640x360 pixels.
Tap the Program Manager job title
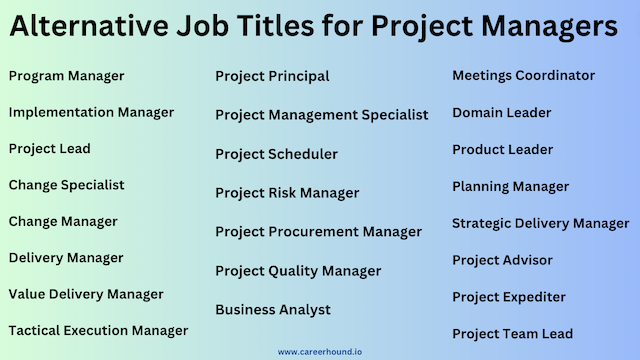click(66, 76)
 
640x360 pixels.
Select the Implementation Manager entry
click(91, 112)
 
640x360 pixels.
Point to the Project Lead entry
click(49, 149)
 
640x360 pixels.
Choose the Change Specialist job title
click(66, 185)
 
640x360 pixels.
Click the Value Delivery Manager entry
click(86, 294)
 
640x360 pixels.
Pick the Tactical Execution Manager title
click(98, 330)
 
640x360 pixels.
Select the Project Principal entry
click(272, 76)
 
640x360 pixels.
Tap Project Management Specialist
click(321, 115)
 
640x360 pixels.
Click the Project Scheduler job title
click(276, 154)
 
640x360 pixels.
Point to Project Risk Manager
click(287, 193)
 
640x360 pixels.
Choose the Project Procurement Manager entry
click(318, 232)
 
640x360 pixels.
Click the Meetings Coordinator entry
click(523, 76)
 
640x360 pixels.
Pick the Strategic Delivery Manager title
click(540, 223)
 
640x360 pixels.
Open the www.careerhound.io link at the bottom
click(320, 352)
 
